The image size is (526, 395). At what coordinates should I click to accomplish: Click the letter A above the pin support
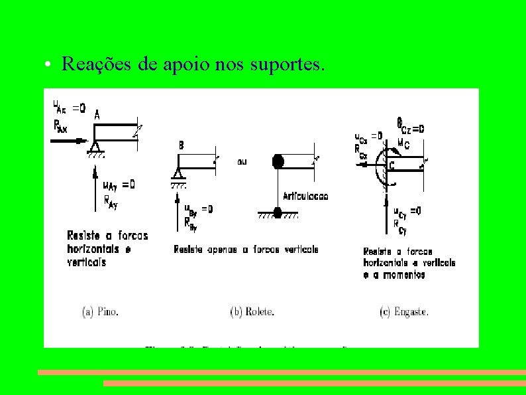point(97,115)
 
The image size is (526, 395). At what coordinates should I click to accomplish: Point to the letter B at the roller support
point(181,145)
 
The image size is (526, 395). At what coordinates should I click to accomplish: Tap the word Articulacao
point(305,196)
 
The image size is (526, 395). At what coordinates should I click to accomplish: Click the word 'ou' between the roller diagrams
point(244,161)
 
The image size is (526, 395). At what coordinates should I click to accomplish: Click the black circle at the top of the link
point(278,161)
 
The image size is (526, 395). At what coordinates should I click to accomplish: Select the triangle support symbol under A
point(96,148)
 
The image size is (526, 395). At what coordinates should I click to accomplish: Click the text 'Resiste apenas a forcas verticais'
point(246,250)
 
